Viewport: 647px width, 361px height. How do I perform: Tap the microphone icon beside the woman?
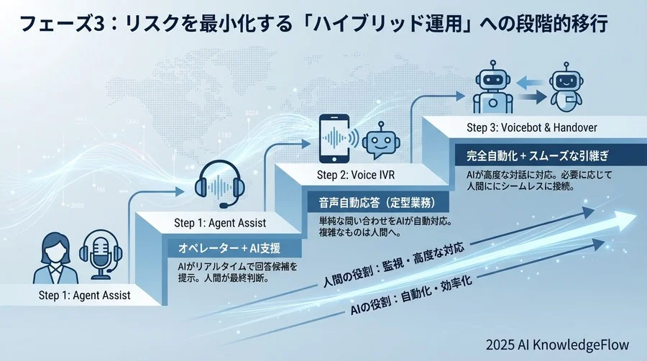101,255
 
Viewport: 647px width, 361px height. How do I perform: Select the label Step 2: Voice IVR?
356,175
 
